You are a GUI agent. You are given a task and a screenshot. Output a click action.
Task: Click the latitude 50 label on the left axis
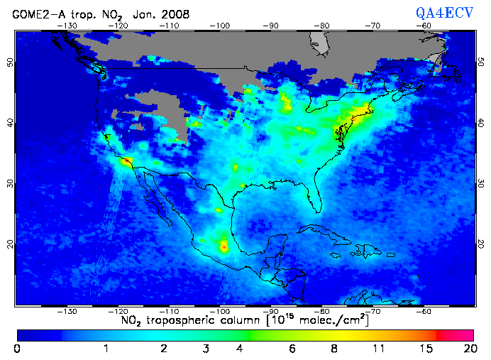coord(10,62)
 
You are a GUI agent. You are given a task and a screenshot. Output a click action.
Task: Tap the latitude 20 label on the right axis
coord(480,244)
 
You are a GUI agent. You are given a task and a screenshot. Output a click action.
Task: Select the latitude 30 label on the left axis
coord(10,183)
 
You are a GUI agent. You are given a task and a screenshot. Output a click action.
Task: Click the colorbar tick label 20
coord(468,349)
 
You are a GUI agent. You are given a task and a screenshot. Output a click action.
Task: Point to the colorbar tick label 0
coord(16,349)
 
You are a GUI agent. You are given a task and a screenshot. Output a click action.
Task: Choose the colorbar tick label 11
coord(379,349)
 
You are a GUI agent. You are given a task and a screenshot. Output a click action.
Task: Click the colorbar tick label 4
coord(240,349)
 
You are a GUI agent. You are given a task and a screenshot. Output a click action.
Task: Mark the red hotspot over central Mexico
coord(225,247)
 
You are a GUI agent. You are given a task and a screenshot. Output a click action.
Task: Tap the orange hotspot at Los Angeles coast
coord(126,162)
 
